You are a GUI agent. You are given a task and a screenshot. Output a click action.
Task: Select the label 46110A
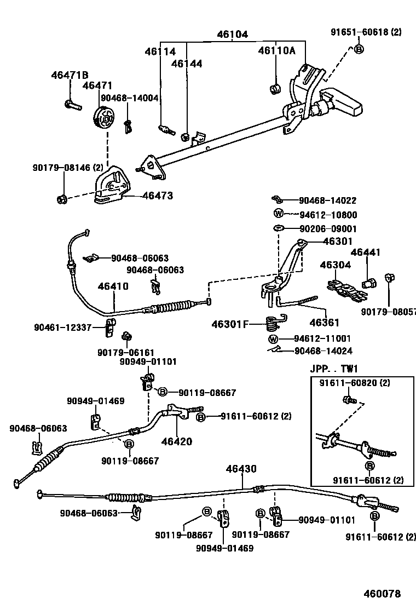276,51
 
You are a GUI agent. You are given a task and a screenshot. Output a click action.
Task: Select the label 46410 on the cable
113,286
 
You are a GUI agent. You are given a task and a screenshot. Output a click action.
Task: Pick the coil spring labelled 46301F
273,324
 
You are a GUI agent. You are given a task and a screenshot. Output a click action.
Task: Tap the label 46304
335,265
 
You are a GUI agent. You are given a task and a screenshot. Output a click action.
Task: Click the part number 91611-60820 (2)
355,383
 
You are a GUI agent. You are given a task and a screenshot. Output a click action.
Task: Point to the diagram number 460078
383,594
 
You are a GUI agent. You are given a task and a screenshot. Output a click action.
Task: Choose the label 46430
241,469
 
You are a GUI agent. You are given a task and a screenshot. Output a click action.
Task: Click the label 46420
176,441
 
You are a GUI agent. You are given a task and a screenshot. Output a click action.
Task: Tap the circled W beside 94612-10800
278,214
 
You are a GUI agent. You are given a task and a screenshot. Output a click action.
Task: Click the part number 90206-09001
328,228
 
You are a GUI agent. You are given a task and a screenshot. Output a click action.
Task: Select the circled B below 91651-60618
359,49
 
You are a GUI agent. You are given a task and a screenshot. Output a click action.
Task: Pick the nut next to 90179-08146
62,198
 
